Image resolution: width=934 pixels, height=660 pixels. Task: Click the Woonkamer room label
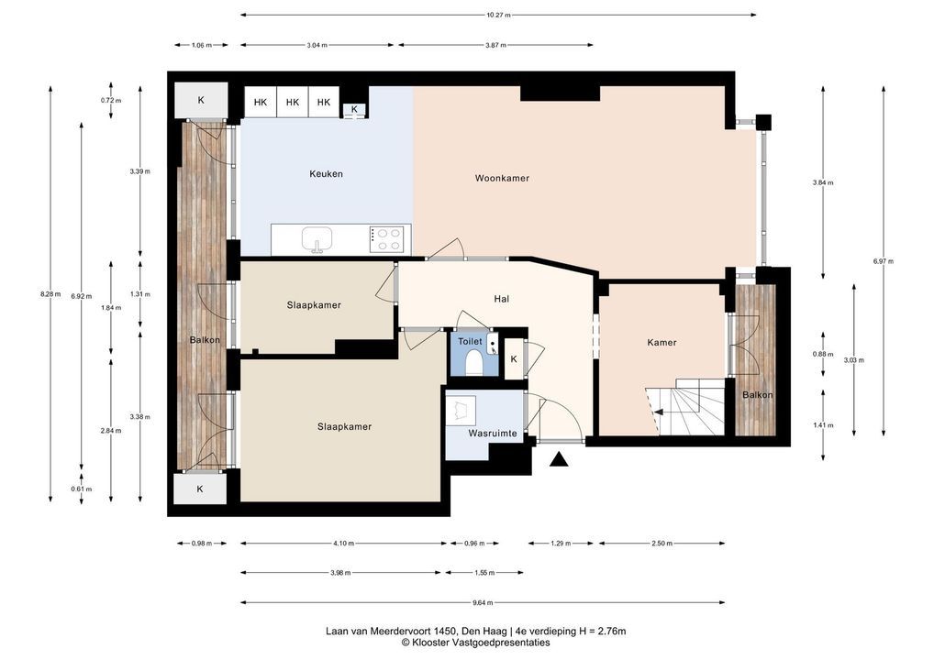click(x=502, y=178)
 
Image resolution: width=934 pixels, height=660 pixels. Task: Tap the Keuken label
click(x=326, y=174)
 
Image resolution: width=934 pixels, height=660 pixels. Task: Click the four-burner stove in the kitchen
click(x=390, y=239)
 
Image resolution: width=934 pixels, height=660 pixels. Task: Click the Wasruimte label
click(x=492, y=434)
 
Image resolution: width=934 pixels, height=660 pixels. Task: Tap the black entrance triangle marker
click(x=558, y=459)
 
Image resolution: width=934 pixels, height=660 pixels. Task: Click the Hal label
click(x=502, y=299)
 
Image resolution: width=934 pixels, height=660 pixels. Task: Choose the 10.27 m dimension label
click(x=498, y=15)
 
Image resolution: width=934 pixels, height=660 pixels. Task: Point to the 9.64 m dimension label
click(x=483, y=602)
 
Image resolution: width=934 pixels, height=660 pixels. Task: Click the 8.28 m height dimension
click(x=50, y=293)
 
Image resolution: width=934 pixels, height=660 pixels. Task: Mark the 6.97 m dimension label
click(x=884, y=261)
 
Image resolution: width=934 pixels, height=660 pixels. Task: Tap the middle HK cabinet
click(x=293, y=103)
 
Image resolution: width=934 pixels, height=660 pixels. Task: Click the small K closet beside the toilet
click(x=514, y=358)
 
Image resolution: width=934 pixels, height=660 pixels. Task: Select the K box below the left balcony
click(x=200, y=489)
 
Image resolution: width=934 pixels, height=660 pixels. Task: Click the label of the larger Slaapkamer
click(x=344, y=427)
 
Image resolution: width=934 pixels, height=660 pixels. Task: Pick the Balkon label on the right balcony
click(x=757, y=394)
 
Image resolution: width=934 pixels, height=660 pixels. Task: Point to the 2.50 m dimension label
click(x=662, y=544)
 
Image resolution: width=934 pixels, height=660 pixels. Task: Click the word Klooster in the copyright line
click(x=430, y=643)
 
